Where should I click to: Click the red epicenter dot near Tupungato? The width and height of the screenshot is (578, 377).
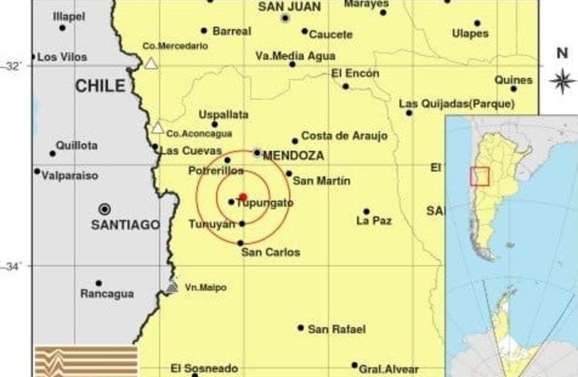(242, 197)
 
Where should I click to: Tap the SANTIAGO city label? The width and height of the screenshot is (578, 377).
(125, 224)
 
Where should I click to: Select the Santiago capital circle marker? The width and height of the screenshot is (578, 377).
(104, 209)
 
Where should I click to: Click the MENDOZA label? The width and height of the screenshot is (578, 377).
(293, 156)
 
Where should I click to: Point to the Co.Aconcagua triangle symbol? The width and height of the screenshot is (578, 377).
(157, 128)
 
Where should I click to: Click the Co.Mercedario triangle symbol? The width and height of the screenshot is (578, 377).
(151, 63)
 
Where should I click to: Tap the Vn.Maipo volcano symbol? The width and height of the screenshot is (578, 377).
(172, 287)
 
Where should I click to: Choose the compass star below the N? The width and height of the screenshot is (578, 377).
(562, 81)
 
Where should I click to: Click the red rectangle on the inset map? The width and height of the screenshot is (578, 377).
(480, 176)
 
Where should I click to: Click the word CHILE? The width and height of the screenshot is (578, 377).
(100, 86)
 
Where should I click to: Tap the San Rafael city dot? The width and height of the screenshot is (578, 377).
(301, 328)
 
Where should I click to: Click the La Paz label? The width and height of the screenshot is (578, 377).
(374, 221)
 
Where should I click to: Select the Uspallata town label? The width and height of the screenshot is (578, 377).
(223, 114)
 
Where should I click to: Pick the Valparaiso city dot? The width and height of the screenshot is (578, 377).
(37, 171)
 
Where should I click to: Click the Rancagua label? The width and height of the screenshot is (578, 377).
(107, 294)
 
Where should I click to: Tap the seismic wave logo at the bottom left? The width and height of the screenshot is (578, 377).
(86, 361)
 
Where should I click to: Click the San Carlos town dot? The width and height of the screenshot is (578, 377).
(241, 243)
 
